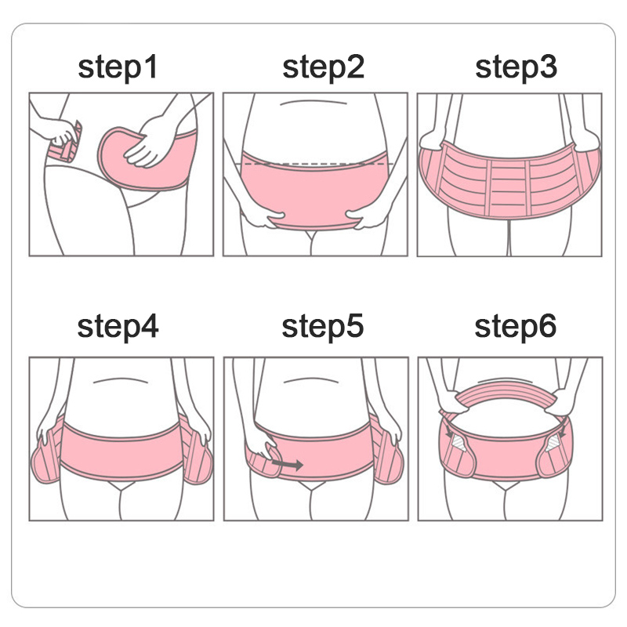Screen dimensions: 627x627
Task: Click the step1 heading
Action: tap(118, 67)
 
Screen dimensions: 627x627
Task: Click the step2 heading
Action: tap(323, 67)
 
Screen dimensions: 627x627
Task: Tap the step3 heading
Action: tap(516, 67)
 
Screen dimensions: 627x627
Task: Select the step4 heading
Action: tap(118, 327)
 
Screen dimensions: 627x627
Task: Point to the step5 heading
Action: tap(323, 327)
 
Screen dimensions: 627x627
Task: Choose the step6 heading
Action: tap(515, 327)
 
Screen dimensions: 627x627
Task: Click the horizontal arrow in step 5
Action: tap(287, 464)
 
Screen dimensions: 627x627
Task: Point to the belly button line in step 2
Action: tap(313, 102)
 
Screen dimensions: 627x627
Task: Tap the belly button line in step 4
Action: tap(121, 380)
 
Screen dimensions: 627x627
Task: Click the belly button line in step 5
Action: tap(311, 380)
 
